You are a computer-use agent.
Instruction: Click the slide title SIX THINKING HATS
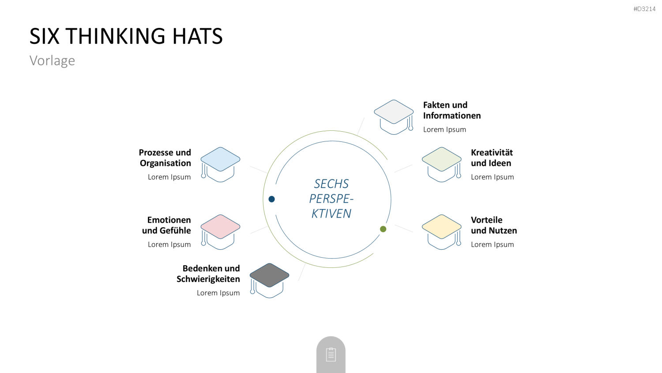click(x=126, y=36)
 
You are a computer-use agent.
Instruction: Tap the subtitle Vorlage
click(x=53, y=61)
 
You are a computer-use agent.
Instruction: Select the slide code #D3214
click(x=644, y=9)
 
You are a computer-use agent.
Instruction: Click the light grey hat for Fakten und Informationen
click(x=394, y=117)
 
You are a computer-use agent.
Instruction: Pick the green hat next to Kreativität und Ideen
click(x=441, y=164)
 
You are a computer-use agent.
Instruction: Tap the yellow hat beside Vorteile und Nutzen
click(x=441, y=232)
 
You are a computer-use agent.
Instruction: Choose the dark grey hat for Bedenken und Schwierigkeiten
click(x=269, y=281)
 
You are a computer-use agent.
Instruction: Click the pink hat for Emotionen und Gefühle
click(x=220, y=232)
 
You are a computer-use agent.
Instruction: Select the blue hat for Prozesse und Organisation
click(x=220, y=164)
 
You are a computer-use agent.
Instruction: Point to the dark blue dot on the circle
click(x=271, y=199)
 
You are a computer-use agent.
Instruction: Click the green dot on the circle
click(x=383, y=229)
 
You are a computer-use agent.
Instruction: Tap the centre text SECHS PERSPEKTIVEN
click(x=331, y=198)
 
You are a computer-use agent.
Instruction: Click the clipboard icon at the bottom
click(x=331, y=354)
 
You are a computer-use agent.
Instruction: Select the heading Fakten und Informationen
click(x=452, y=110)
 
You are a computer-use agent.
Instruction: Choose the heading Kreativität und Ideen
click(x=492, y=158)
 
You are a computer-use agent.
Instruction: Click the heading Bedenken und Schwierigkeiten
click(x=208, y=274)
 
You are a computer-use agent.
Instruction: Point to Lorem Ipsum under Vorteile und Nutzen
click(x=493, y=244)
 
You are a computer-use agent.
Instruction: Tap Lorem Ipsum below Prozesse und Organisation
click(x=169, y=177)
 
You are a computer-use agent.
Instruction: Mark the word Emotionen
click(x=169, y=220)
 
